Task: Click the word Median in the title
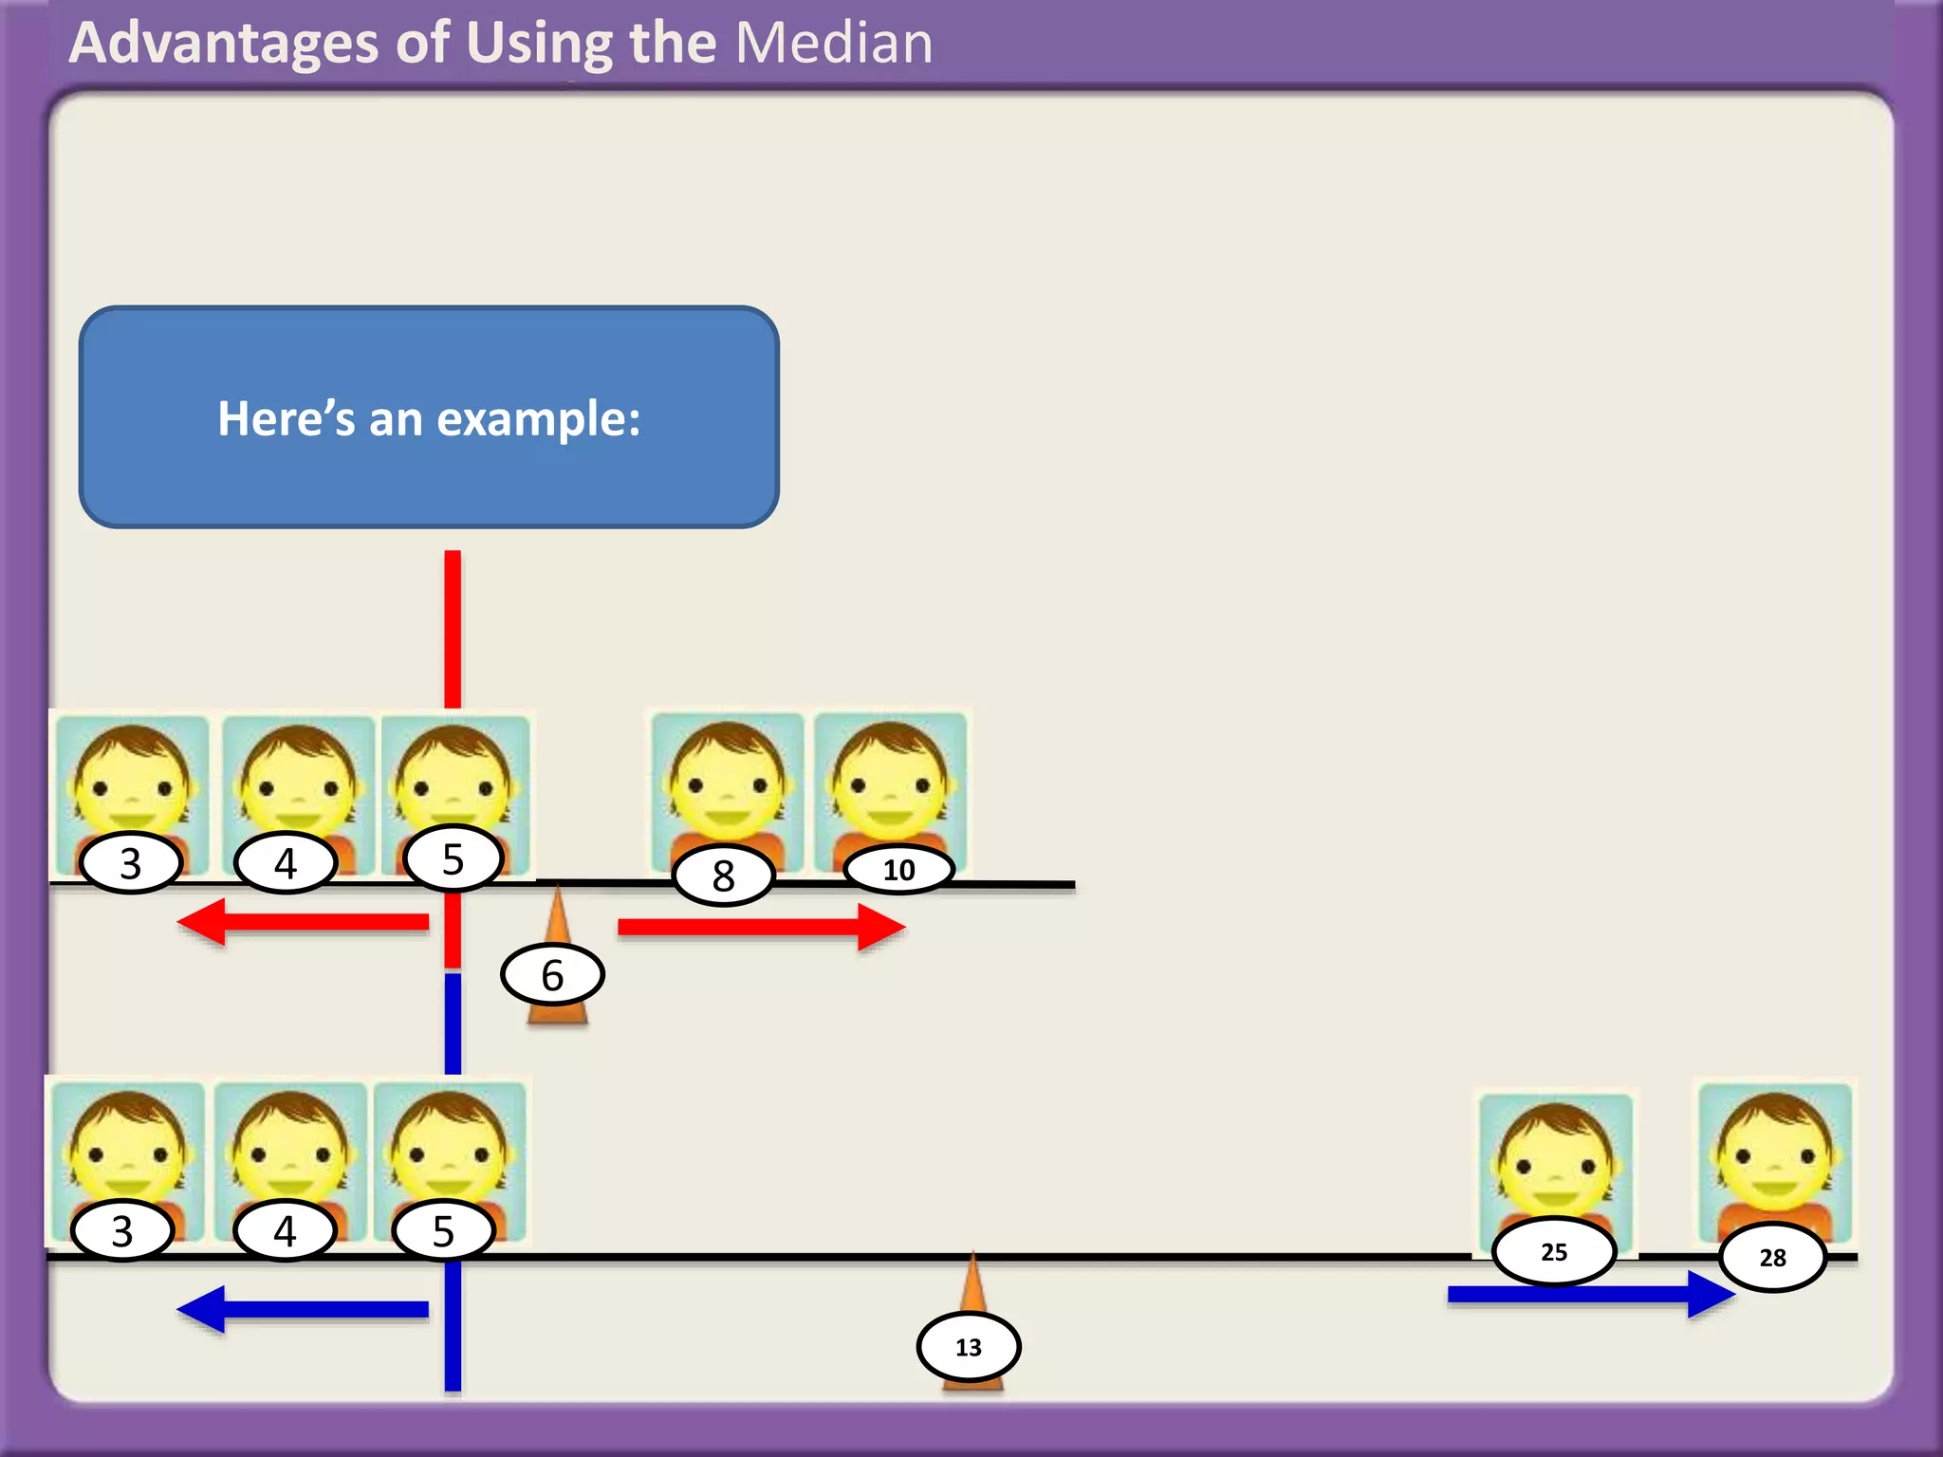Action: tap(834, 44)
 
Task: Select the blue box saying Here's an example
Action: tap(429, 417)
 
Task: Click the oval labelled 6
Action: tap(552, 974)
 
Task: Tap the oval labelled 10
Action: tap(898, 870)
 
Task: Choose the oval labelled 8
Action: tap(724, 876)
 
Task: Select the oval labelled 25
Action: tap(1554, 1252)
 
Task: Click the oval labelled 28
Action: tap(1772, 1258)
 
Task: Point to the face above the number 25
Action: tap(1555, 1158)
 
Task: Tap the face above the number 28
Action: tap(1774, 1153)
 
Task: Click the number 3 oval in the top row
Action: tap(131, 863)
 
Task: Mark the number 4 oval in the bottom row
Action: tap(286, 1231)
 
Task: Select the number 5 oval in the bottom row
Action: tap(444, 1231)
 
